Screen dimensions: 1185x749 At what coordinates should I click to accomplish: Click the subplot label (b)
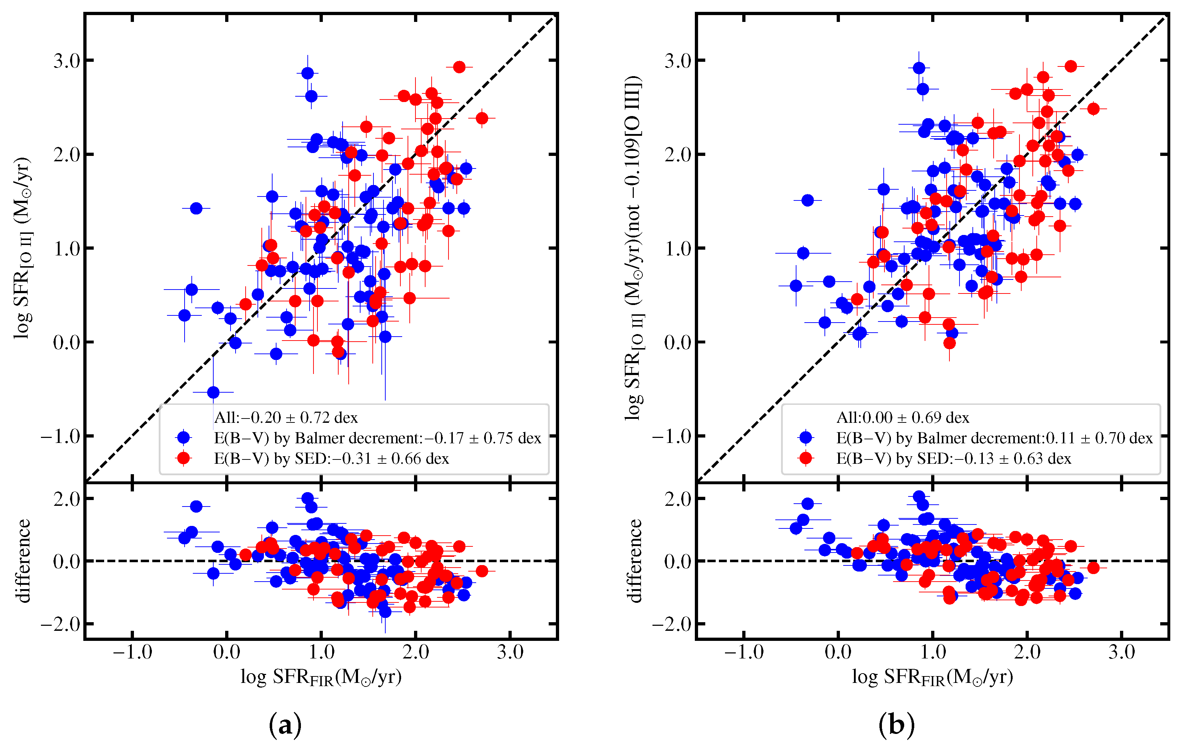[897, 725]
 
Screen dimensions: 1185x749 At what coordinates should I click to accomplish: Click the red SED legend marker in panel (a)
[183, 458]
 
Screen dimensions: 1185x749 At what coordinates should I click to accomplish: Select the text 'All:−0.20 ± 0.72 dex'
[286, 417]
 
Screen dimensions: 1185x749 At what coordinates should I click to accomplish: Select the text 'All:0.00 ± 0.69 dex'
[903, 417]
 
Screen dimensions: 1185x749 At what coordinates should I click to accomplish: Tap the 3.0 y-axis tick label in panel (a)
[67, 61]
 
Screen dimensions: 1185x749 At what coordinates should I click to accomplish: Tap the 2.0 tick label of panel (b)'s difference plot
[678, 499]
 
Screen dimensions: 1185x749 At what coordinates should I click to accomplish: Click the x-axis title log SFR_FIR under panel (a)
[321, 678]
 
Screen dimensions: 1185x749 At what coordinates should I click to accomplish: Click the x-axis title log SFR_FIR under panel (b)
[933, 678]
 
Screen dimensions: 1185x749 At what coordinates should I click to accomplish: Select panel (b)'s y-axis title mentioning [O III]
[633, 248]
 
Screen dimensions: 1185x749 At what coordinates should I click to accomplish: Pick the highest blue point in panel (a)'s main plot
[308, 73]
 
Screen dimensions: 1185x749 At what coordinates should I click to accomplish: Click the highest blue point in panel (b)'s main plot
[919, 68]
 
